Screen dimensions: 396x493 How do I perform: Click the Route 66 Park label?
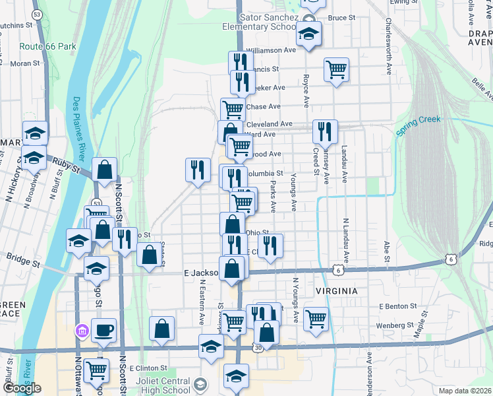tap(48, 47)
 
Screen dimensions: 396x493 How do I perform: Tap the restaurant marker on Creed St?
tap(325, 131)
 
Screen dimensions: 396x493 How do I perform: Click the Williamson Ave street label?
tap(271, 49)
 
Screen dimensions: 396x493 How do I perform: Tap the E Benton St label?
tap(397, 307)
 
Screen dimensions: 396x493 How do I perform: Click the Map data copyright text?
tap(465, 391)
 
